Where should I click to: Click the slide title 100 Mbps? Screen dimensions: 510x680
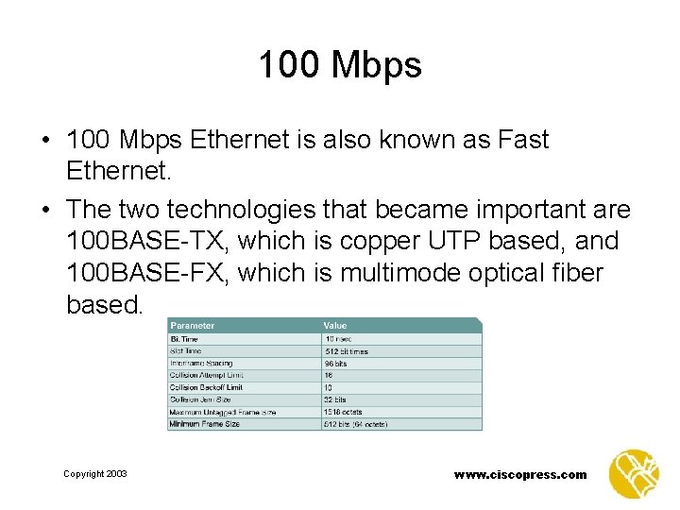(340, 65)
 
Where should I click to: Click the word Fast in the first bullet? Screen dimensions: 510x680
(519, 141)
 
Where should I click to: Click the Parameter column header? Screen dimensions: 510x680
(193, 326)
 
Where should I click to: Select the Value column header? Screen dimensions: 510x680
(335, 326)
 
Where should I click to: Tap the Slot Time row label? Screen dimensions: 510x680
(188, 350)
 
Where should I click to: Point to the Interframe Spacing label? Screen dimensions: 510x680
(200, 363)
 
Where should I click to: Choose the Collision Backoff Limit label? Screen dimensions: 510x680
(206, 387)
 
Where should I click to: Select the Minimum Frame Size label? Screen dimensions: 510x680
(204, 424)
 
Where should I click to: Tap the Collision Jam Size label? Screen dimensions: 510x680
(199, 399)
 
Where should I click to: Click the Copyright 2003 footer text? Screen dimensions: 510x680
(94, 474)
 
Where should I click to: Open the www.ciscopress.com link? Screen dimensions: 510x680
(520, 475)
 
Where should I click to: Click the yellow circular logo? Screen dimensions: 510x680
(633, 474)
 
